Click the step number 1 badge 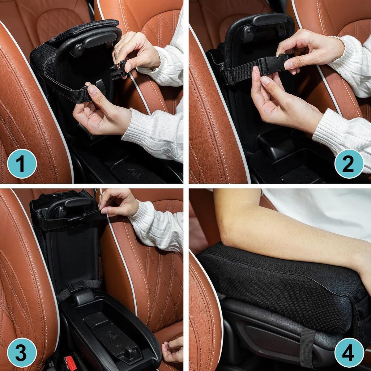pos(22,164)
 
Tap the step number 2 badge pos(349,164)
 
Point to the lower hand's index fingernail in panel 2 pos(265,80)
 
